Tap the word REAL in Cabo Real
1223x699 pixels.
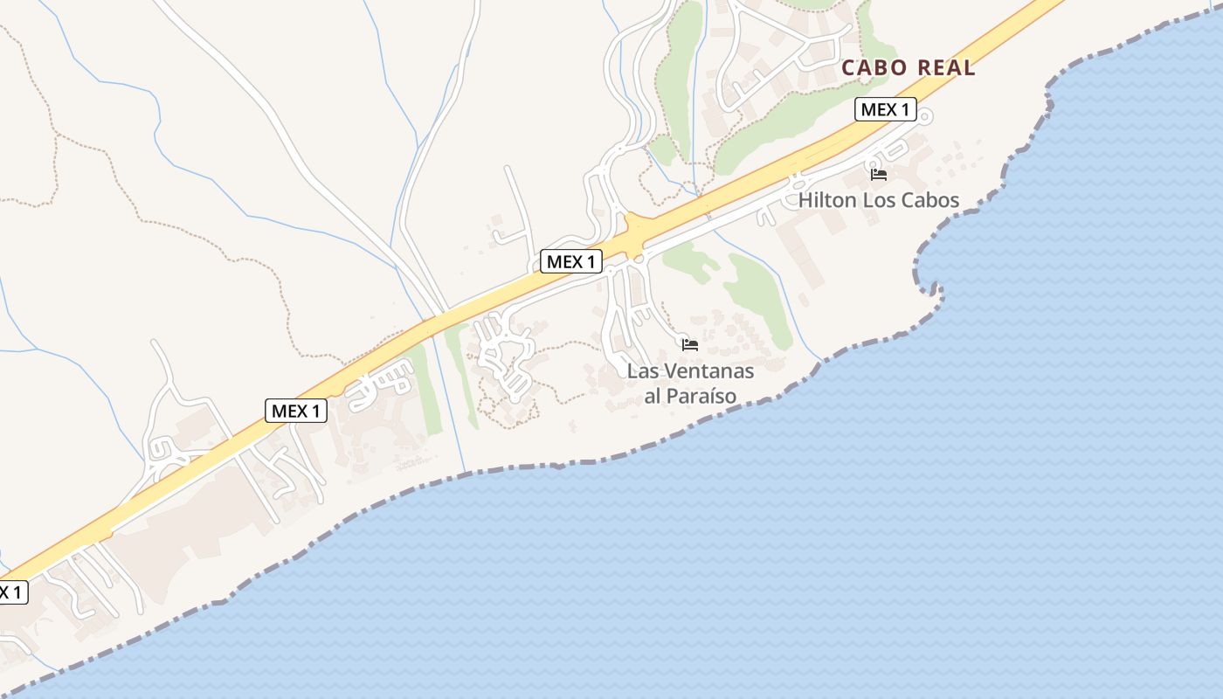tap(945, 68)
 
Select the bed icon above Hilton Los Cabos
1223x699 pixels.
tap(879, 175)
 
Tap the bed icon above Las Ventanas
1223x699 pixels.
tap(690, 345)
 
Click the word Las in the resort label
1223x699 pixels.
tap(643, 370)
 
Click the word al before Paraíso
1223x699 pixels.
tap(653, 396)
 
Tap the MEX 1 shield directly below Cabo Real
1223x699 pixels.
tap(885, 109)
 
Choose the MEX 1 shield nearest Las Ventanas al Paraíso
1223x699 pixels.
tap(570, 261)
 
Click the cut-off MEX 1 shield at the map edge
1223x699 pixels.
tap(11, 592)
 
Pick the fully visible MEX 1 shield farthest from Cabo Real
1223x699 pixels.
tap(296, 411)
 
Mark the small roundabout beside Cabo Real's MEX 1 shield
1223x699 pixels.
tap(926, 115)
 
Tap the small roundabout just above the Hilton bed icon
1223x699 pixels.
tap(873, 163)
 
